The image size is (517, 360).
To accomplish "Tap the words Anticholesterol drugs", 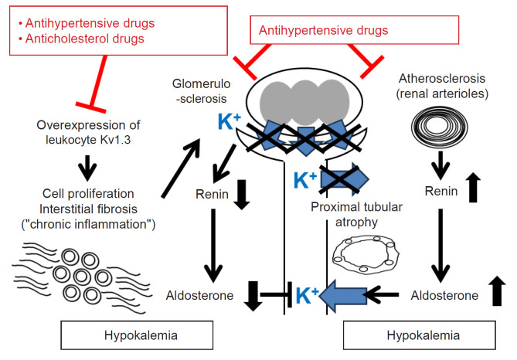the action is [x=85, y=39].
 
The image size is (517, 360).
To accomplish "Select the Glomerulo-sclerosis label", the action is [x=201, y=91].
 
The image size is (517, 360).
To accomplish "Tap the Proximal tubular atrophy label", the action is [x=356, y=214].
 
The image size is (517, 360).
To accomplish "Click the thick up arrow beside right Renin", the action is [x=473, y=187].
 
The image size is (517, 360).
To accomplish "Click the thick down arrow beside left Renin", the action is [x=242, y=195].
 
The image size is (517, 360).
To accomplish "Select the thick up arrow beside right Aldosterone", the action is [x=497, y=290].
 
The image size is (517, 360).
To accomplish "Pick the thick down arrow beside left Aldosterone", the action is [x=253, y=296].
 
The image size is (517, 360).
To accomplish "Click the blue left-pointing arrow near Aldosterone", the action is [x=343, y=295].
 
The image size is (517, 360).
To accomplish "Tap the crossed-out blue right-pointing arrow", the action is [x=344, y=179].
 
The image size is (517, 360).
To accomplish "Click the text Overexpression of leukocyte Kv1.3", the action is [x=88, y=132].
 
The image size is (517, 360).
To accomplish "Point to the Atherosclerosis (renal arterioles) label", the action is [x=442, y=86].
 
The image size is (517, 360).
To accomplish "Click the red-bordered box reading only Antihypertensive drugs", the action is [x=355, y=30].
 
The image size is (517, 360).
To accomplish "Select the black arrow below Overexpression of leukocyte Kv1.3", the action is [x=87, y=168].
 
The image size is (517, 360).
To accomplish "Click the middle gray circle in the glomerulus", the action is [x=305, y=103].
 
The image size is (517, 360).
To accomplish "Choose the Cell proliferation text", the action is [x=88, y=193].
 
